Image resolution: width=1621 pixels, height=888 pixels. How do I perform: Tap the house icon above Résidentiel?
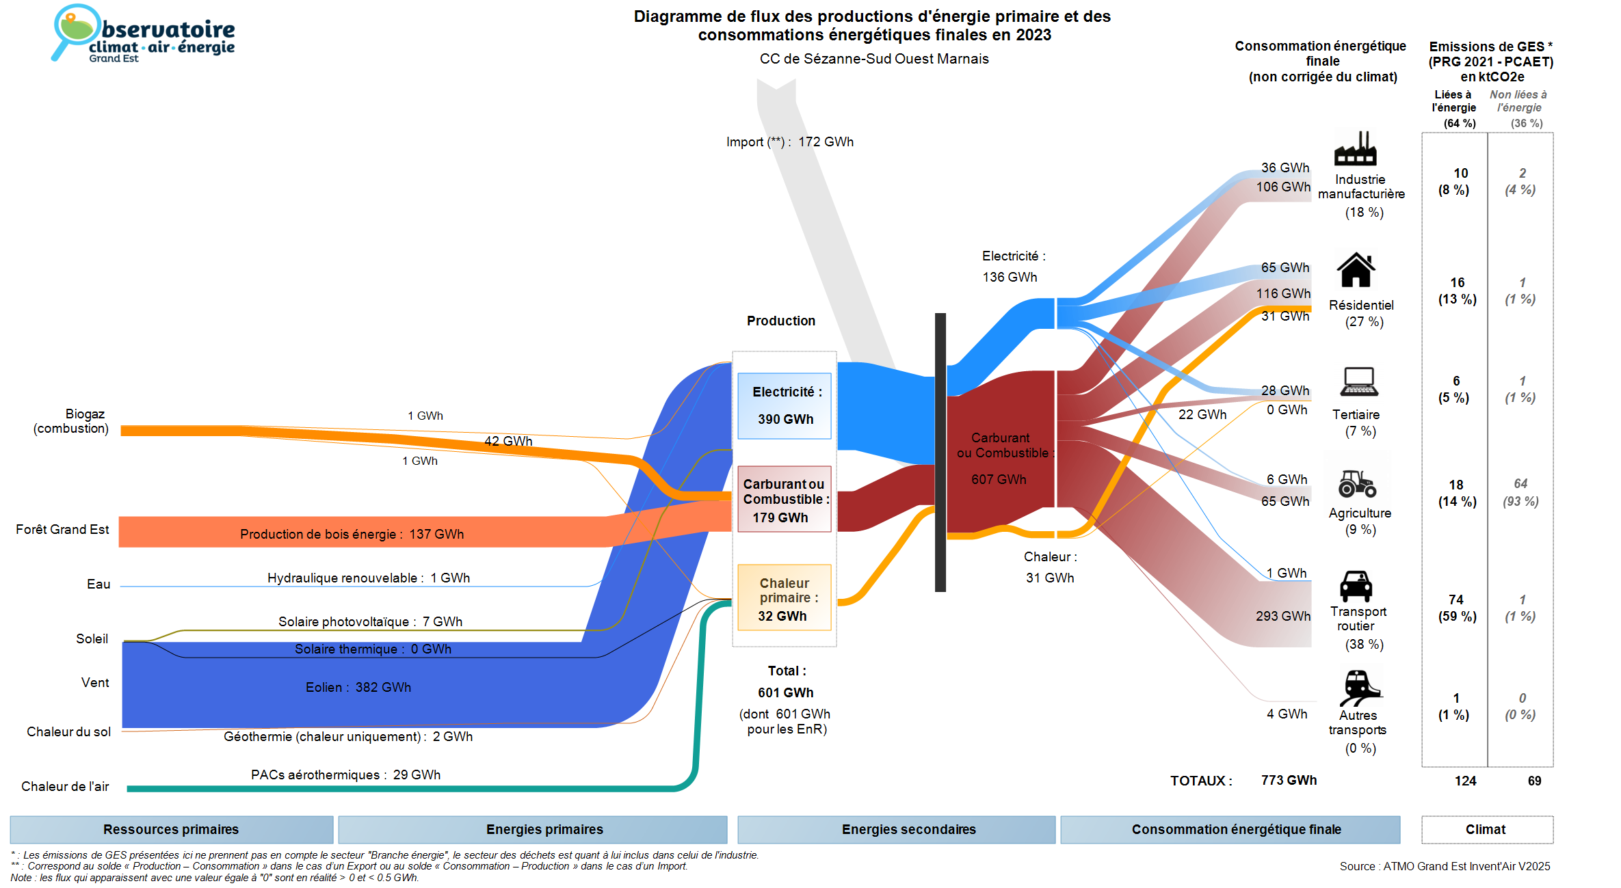click(x=1356, y=270)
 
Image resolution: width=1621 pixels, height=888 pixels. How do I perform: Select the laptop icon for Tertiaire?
click(x=1359, y=381)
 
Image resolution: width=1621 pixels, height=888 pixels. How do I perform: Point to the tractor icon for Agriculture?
click(x=1357, y=483)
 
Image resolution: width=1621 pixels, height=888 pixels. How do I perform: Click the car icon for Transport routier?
click(x=1356, y=586)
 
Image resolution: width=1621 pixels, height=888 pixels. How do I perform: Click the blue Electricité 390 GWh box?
click(x=785, y=405)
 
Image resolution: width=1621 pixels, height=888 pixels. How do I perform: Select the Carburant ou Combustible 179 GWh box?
click(x=785, y=500)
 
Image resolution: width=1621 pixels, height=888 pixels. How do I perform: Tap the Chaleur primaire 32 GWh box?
click(x=785, y=598)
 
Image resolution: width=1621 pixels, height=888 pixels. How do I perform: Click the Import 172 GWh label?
click(x=790, y=142)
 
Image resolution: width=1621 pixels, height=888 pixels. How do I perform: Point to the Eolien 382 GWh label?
click(x=358, y=687)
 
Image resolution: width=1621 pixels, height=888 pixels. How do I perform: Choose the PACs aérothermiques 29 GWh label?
click(x=345, y=775)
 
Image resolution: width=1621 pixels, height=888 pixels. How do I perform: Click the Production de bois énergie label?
click(x=352, y=534)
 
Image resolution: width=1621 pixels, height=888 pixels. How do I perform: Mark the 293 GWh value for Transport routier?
click(x=1282, y=616)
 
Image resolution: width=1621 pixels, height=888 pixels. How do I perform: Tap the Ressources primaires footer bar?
click(x=171, y=829)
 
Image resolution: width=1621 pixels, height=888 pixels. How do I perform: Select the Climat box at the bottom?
click(x=1486, y=829)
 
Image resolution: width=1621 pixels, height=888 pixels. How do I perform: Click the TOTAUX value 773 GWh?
click(x=1289, y=780)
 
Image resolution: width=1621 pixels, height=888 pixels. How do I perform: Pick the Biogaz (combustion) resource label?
click(x=71, y=421)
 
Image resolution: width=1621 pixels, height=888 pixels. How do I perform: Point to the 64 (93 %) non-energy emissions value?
click(x=1520, y=492)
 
